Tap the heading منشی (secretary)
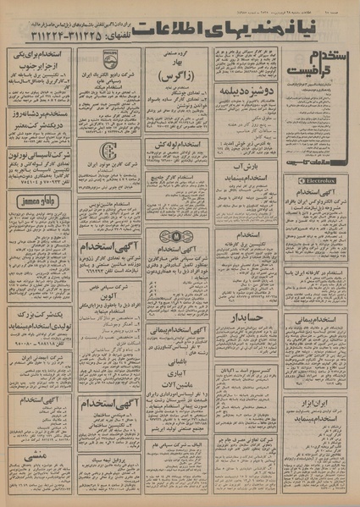pyautogui.click(x=39, y=454)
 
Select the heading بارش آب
pyautogui.click(x=249, y=168)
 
